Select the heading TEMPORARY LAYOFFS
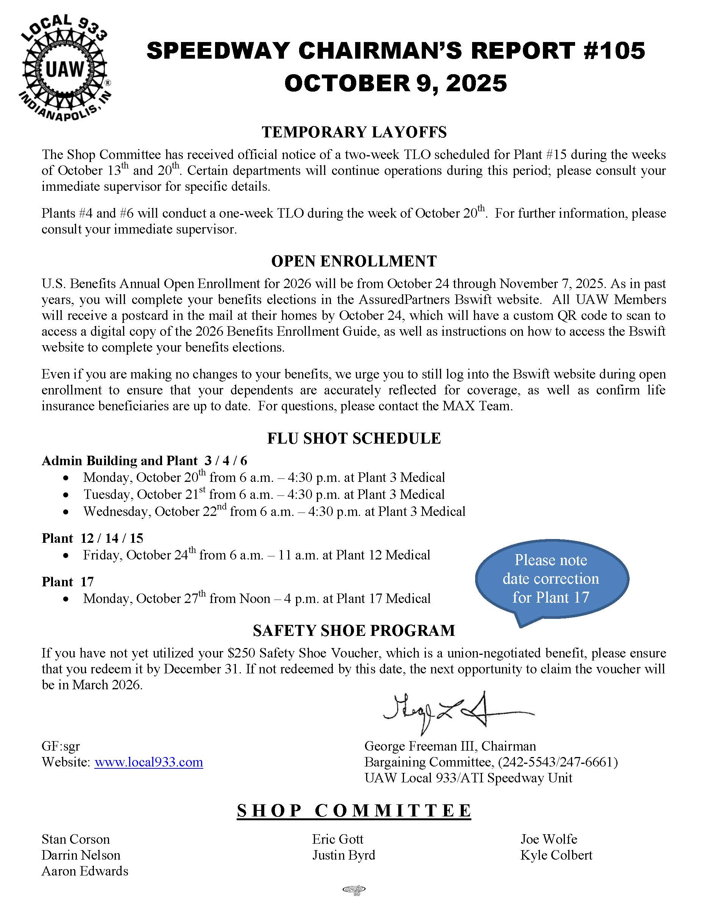tap(354, 132)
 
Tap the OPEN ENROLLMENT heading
tap(354, 261)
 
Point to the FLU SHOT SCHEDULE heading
tap(354, 438)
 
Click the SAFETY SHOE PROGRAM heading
tap(354, 630)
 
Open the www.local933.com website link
tap(148, 762)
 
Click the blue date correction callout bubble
tap(551, 579)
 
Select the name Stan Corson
tap(75, 839)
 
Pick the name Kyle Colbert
tap(556, 855)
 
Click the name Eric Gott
tap(338, 839)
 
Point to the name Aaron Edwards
tap(85, 871)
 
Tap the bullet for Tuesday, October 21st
tap(66, 495)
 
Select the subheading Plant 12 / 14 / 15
tap(92, 538)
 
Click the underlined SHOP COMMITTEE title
tap(354, 811)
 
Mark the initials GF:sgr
tap(61, 746)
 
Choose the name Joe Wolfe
tap(549, 839)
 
